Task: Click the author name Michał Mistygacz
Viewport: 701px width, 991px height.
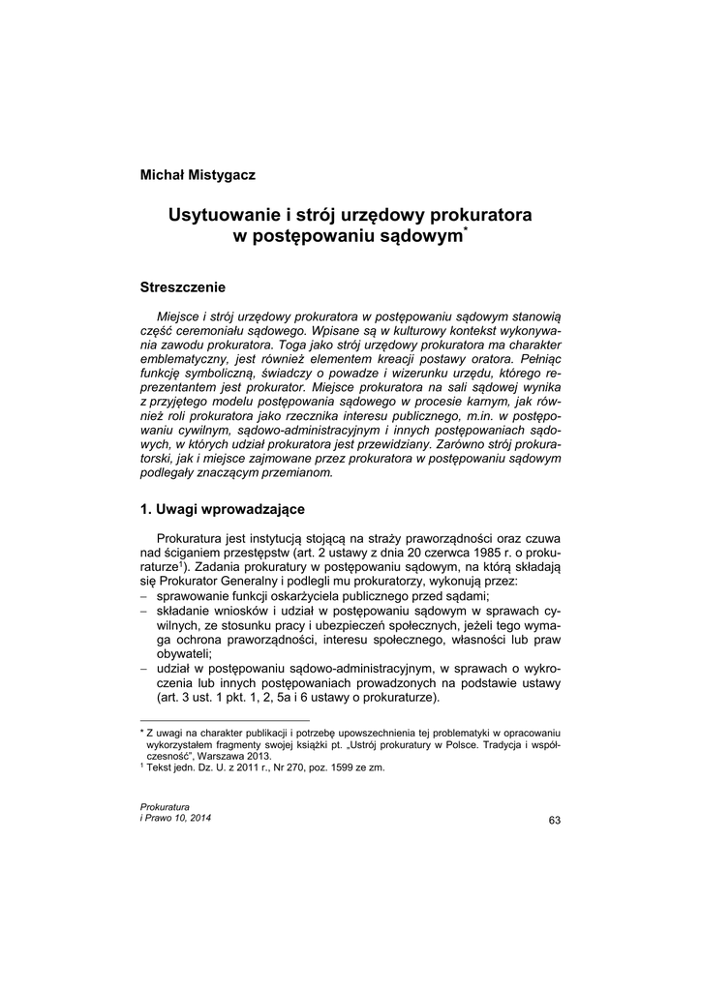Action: pyautogui.click(x=198, y=174)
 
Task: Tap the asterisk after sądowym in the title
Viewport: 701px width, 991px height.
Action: pyautogui.click(x=466, y=229)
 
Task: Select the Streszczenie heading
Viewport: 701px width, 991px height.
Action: pyautogui.click(x=183, y=287)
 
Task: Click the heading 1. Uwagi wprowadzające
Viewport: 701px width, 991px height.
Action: pyautogui.click(x=224, y=509)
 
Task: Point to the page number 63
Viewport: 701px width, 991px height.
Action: pyautogui.click(x=554, y=821)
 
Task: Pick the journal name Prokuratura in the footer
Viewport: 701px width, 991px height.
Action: pyautogui.click(x=165, y=807)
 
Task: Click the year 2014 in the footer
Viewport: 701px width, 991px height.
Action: pyautogui.click(x=198, y=819)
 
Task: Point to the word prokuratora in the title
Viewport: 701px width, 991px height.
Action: pyautogui.click(x=476, y=214)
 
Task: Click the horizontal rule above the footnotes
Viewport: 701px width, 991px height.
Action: pyautogui.click(x=225, y=721)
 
